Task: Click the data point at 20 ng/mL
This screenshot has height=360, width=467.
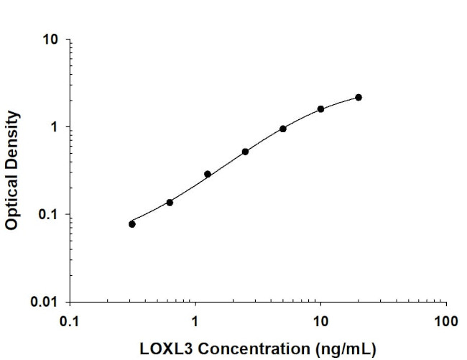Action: tap(359, 97)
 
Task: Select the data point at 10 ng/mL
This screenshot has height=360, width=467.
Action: tap(320, 109)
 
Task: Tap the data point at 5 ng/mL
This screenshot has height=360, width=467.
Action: tap(283, 129)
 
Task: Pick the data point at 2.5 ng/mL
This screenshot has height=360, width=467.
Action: tap(245, 152)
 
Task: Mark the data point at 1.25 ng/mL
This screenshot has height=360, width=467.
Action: tap(208, 174)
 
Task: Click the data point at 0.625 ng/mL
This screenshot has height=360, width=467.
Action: tap(170, 202)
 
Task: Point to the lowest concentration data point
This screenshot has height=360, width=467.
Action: tap(132, 224)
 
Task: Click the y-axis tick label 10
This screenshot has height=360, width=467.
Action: tap(50, 40)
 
